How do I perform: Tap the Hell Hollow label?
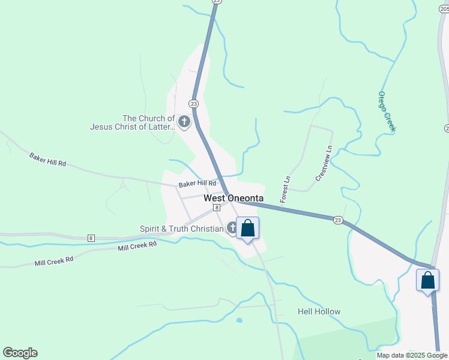[319, 311]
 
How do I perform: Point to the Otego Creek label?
[387, 112]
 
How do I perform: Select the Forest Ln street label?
[286, 188]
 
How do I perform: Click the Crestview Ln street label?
[323, 163]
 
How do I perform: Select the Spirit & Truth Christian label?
[181, 229]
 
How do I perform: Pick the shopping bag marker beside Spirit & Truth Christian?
[247, 229]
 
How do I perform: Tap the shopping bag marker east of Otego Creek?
[427, 280]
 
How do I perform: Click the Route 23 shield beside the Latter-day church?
[193, 104]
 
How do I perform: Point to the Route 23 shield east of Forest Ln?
[339, 220]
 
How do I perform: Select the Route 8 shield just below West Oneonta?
[215, 207]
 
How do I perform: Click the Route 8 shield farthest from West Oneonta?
[91, 238]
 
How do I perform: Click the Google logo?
[20, 353]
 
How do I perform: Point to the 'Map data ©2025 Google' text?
[412, 355]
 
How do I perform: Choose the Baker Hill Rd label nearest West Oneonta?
[196, 184]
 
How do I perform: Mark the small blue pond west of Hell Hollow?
[239, 320]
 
